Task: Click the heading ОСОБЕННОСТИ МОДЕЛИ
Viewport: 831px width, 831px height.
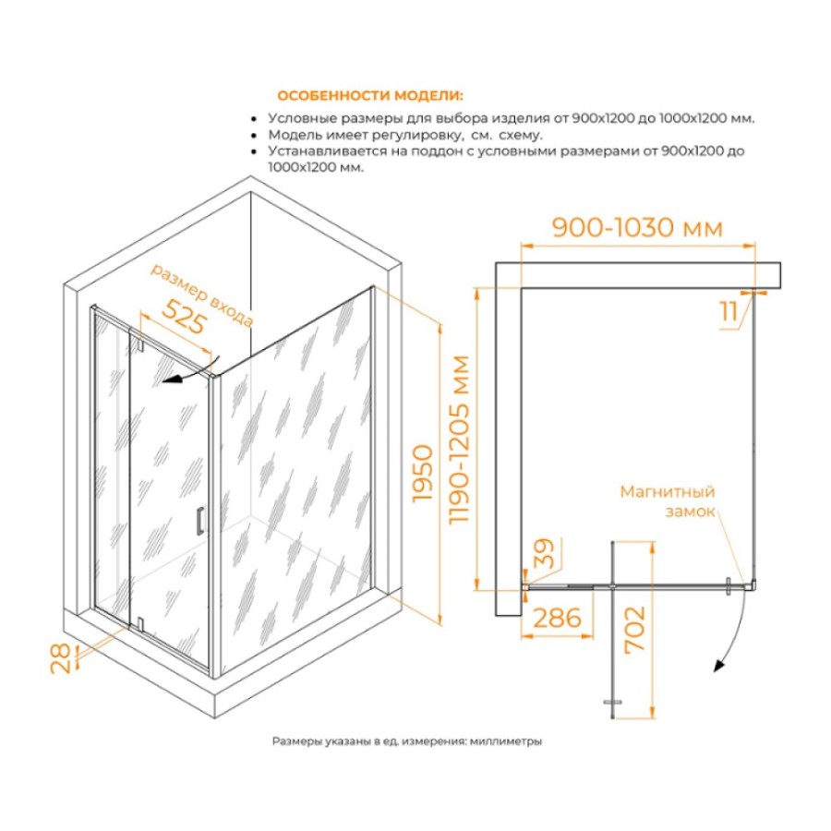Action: [370, 96]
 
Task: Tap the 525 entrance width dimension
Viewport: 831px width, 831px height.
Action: [184, 317]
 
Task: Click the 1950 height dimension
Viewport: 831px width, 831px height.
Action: [424, 474]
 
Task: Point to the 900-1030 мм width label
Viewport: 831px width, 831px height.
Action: [637, 228]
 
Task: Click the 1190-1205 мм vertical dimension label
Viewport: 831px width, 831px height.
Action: [459, 440]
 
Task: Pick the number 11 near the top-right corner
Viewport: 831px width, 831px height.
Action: [729, 311]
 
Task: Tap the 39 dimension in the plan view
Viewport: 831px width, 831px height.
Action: [544, 553]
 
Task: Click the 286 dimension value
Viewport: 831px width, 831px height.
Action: [557, 618]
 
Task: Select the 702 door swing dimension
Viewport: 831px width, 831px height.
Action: [634, 629]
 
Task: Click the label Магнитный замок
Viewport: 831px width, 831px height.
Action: [668, 501]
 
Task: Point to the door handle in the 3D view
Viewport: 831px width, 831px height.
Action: [199, 521]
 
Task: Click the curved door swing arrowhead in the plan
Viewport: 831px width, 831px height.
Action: [718, 665]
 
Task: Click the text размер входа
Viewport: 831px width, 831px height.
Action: [202, 295]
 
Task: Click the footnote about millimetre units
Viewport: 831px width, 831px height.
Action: [407, 741]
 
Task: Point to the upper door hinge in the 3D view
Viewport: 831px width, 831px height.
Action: [141, 343]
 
